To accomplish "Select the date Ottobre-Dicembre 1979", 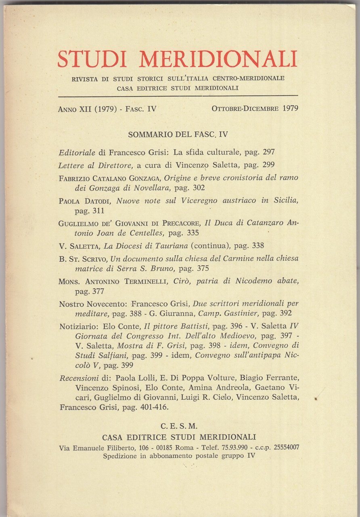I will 255,108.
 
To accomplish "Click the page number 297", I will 268,152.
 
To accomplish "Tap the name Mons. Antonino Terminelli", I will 111,281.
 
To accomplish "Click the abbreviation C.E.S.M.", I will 178,426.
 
